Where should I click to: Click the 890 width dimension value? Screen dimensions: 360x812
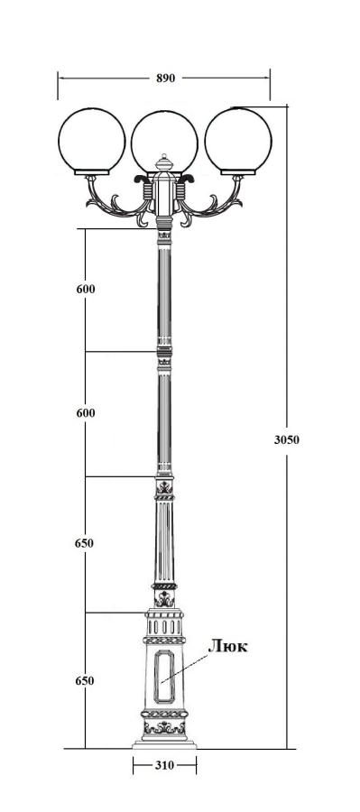click(x=166, y=78)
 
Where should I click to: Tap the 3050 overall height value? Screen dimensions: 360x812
click(x=286, y=440)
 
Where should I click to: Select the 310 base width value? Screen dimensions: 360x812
click(x=164, y=765)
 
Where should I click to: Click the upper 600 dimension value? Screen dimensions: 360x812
click(x=86, y=290)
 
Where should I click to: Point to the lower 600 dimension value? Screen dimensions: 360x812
click(x=86, y=413)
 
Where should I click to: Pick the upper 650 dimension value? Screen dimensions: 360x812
click(x=85, y=543)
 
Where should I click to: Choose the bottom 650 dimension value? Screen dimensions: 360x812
click(x=85, y=681)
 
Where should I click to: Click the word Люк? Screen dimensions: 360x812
click(x=228, y=646)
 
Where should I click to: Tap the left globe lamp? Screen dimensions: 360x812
click(x=92, y=139)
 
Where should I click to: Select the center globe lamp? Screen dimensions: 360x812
click(x=165, y=141)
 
